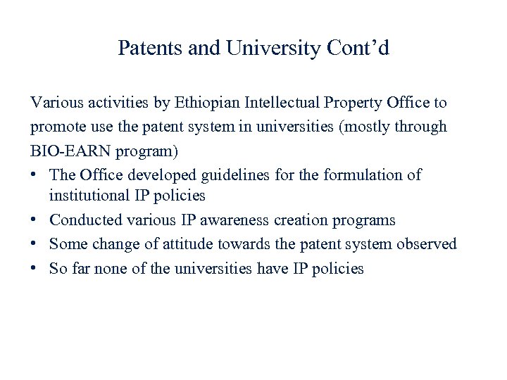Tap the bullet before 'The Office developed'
point(35,175)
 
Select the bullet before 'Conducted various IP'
point(35,220)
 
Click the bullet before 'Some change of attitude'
point(35,244)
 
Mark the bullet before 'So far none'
point(35,268)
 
